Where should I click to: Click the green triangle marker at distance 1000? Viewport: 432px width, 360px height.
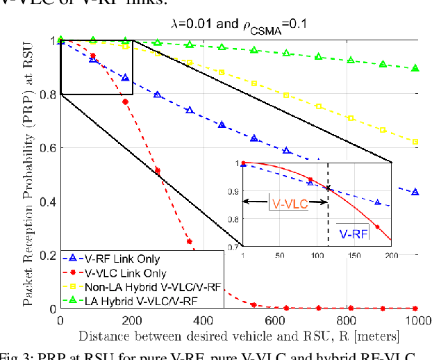coord(415,68)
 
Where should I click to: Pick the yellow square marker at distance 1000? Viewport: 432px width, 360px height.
coord(415,142)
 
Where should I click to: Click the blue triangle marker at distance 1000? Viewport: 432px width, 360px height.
coord(415,192)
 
